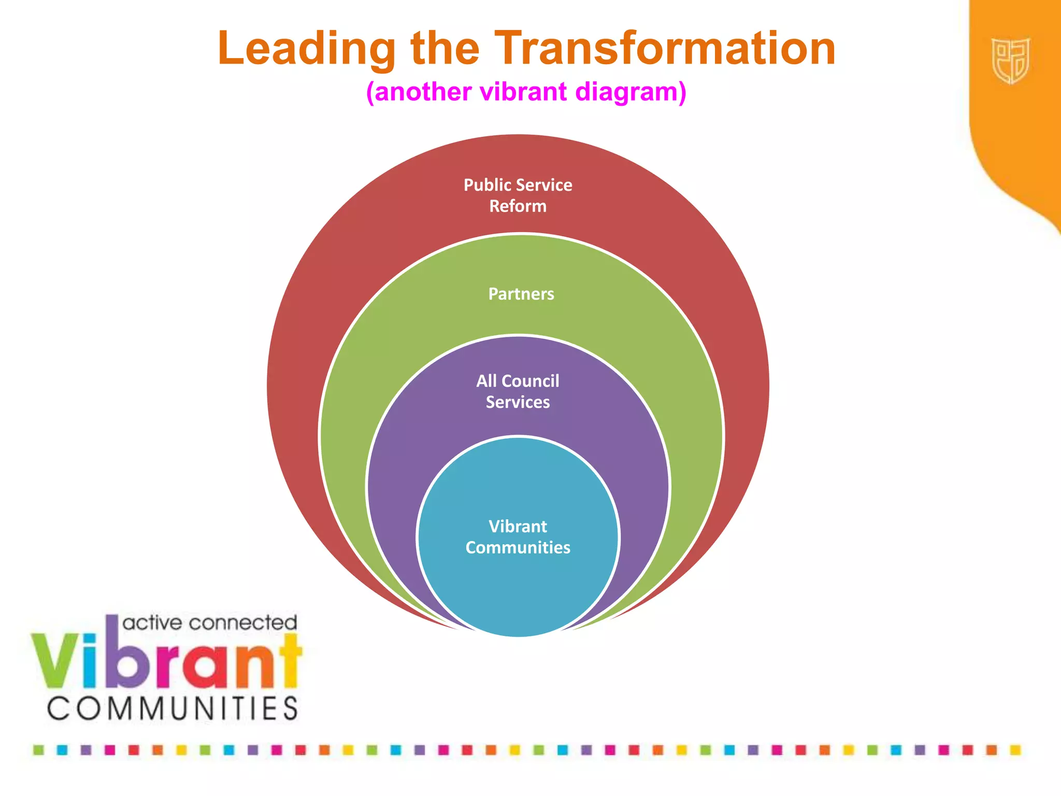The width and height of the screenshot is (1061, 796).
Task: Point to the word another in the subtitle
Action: point(422,92)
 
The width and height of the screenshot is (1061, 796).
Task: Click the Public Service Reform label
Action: point(518,195)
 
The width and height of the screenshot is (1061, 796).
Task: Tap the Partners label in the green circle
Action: point(521,294)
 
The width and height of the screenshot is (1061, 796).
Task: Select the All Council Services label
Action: point(518,391)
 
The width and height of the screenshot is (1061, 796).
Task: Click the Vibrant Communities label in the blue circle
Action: point(518,537)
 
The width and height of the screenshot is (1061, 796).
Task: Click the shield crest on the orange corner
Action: point(1010,61)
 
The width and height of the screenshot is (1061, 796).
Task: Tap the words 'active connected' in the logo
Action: point(210,623)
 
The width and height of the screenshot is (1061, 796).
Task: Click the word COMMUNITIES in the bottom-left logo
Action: point(173,708)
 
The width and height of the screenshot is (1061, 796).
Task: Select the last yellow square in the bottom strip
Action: point(1015,750)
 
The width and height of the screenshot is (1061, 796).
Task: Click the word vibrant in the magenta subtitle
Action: point(524,92)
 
